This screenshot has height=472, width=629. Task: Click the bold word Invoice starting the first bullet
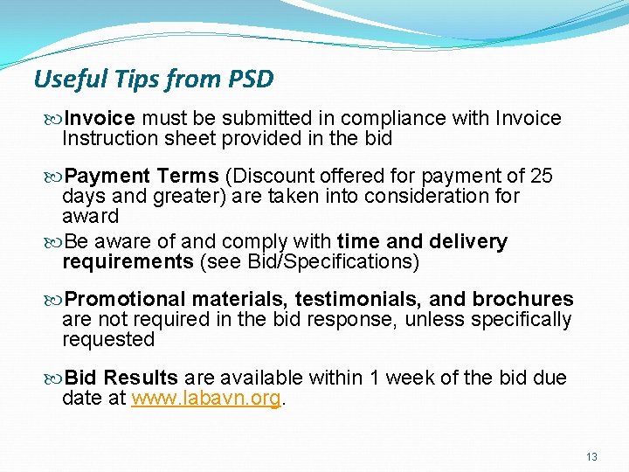click(100, 118)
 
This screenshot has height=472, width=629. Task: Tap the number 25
click(542, 177)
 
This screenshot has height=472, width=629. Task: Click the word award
click(90, 216)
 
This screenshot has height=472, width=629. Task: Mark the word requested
click(107, 339)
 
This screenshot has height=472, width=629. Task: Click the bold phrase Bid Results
click(121, 378)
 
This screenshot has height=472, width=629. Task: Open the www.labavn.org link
click(205, 399)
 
